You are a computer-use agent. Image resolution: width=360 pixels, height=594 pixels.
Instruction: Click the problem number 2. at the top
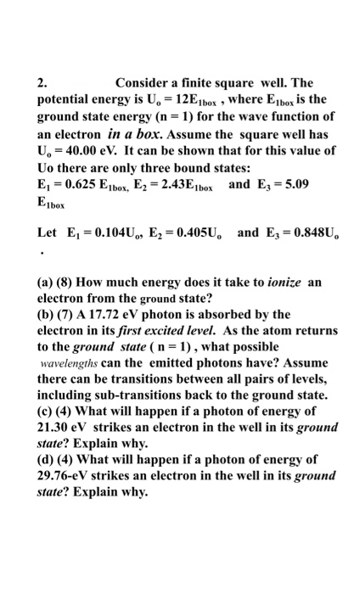[x=42, y=83]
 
